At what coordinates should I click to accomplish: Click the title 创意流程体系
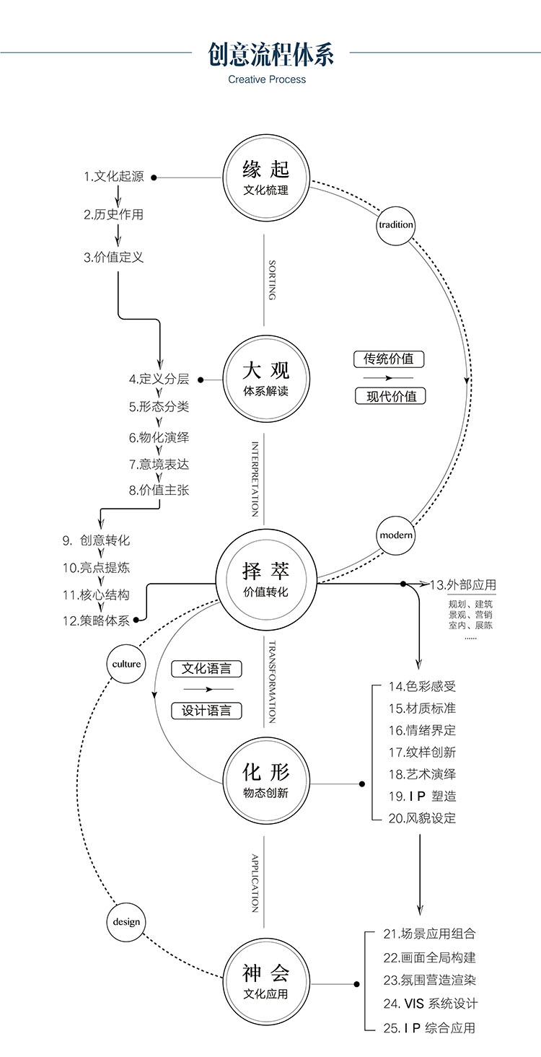[270, 55]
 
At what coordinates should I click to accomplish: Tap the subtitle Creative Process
[267, 79]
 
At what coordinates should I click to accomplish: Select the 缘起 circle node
[265, 177]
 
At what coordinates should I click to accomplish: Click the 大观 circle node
[265, 379]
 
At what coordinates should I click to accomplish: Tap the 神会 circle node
[265, 983]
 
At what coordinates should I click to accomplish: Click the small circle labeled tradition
[396, 224]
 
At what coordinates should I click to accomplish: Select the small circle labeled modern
[396, 535]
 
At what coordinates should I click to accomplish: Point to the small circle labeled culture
[126, 664]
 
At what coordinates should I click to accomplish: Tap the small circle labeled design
[126, 921]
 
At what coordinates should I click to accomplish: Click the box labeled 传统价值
[389, 359]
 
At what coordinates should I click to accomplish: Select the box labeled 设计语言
[206, 710]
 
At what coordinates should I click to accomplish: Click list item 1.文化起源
[113, 177]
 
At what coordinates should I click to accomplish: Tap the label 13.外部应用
[463, 584]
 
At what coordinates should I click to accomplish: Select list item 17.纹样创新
[422, 752]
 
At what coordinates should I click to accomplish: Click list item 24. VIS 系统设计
[431, 1004]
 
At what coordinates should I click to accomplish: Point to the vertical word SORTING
[272, 280]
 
